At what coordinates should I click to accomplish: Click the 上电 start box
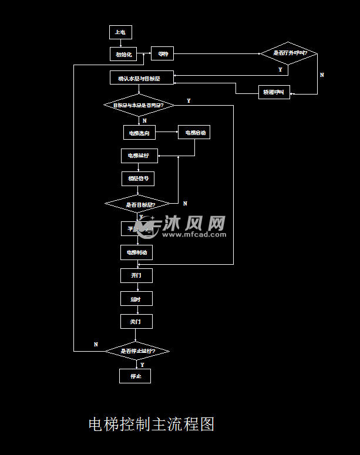(120, 32)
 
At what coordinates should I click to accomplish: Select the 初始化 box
(123, 54)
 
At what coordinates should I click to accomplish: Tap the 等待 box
(163, 54)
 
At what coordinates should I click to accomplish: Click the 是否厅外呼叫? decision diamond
(289, 53)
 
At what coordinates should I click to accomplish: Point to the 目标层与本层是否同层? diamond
(139, 106)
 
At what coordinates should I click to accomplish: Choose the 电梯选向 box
(139, 133)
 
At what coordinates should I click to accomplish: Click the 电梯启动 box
(194, 133)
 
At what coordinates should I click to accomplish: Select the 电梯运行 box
(138, 156)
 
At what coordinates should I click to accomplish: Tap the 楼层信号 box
(138, 178)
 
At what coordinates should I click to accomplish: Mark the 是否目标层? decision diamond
(138, 204)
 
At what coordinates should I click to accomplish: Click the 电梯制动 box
(137, 252)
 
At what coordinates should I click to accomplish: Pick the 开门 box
(136, 275)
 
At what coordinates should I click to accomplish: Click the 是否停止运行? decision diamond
(137, 351)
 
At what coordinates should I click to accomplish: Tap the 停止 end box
(135, 376)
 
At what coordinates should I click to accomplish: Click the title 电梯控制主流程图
(151, 424)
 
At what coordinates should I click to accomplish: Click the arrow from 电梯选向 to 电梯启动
(167, 133)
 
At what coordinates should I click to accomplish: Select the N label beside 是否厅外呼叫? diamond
(322, 75)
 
